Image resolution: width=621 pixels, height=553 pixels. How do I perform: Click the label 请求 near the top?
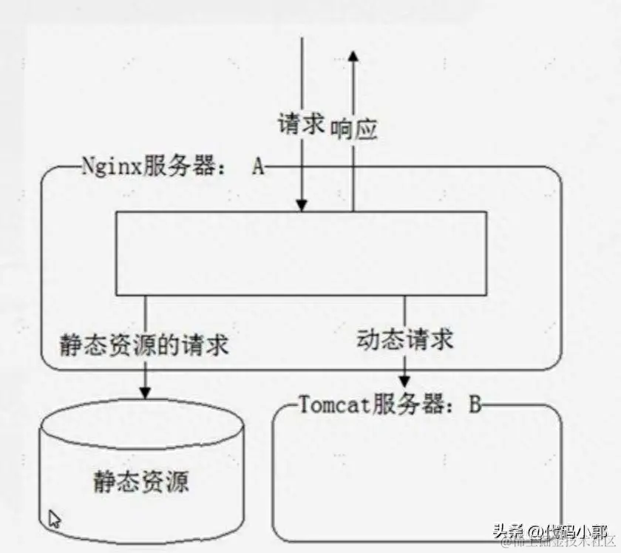pos(301,123)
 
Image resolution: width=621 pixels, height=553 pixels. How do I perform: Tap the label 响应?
pos(353,129)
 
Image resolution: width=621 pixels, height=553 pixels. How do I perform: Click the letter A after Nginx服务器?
pos(257,166)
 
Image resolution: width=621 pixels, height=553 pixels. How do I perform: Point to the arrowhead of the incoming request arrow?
pos(301,205)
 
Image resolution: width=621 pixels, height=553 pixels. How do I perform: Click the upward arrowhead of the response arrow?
pos(353,57)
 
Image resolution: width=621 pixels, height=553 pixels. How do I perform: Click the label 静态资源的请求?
pos(143,345)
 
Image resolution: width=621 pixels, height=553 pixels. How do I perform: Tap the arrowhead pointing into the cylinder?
pos(145,391)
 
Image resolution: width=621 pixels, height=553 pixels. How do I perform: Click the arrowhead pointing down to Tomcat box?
pos(404,380)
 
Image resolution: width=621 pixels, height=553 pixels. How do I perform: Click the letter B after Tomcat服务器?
pos(475,404)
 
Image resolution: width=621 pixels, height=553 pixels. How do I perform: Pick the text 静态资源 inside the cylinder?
pos(141,481)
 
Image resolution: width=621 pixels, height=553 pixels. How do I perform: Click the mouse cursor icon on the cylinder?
pos(55,518)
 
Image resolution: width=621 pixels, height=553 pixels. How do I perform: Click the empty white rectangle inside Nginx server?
pos(301,253)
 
